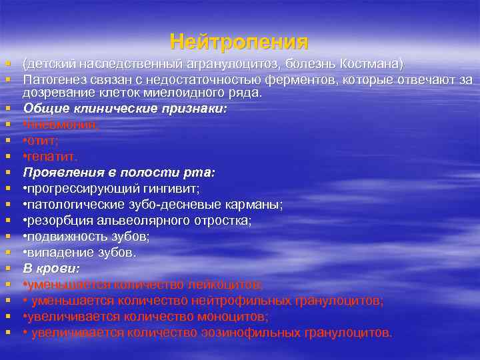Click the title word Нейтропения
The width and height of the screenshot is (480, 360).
239,42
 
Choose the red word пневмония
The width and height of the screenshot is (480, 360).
61,124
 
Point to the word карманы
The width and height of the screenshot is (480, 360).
257,205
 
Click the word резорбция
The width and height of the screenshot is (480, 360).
57,221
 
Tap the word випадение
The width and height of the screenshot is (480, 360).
56,253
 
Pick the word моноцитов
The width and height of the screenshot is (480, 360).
228,317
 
